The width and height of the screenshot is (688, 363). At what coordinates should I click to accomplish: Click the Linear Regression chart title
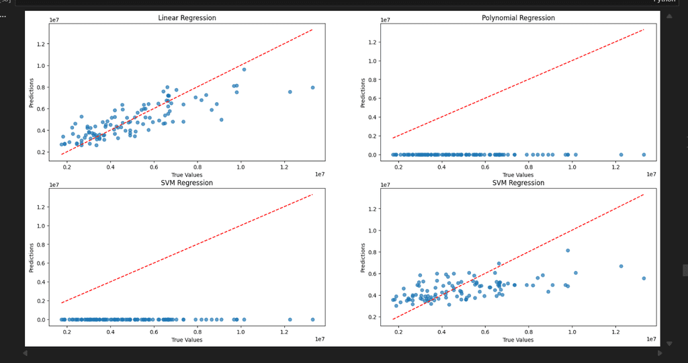pos(187,17)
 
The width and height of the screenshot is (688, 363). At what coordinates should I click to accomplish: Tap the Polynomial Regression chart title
pos(518,17)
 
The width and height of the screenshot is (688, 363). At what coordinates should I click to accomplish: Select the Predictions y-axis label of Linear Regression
pos(32,95)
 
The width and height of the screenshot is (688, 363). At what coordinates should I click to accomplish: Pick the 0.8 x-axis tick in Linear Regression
pos(198,167)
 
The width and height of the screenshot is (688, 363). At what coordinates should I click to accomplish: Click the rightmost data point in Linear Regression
pos(312,87)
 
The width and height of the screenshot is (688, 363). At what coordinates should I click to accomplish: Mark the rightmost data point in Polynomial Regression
pos(644,155)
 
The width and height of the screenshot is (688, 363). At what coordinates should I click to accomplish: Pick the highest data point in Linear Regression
pos(244,69)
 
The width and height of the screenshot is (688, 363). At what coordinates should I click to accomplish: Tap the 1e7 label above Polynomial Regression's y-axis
pos(386,20)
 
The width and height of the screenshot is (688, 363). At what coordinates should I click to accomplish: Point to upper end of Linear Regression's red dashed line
pos(312,30)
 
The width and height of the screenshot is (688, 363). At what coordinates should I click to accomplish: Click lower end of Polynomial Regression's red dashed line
pos(393,138)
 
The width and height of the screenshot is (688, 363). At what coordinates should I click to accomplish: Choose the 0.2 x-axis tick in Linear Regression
pos(67,167)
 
